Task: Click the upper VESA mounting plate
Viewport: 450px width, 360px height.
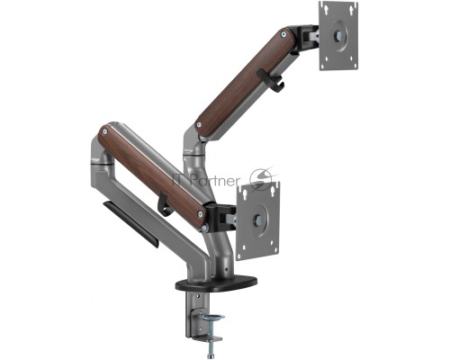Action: coord(339,36)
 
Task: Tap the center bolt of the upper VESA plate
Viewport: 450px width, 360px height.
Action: coord(338,36)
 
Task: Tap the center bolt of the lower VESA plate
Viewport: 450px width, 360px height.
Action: coord(257,220)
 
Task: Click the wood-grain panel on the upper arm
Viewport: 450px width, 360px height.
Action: coord(246,82)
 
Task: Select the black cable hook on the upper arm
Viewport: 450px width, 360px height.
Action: coord(271,79)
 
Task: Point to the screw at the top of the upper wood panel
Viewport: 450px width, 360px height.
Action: coord(283,34)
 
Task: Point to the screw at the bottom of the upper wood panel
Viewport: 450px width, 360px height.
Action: coord(199,124)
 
